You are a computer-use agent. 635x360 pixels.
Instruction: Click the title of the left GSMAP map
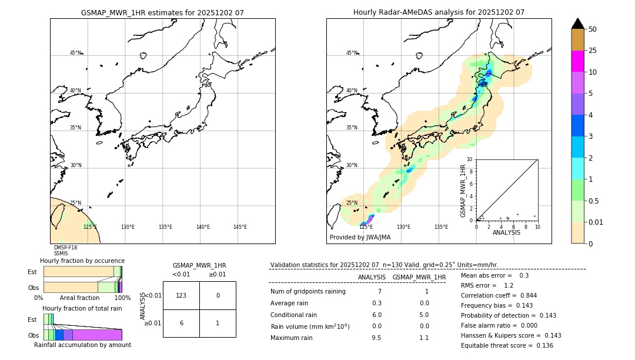point(162,12)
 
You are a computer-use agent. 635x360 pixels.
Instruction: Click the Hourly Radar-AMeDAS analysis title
point(439,12)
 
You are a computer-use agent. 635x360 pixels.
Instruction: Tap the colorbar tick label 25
point(593,51)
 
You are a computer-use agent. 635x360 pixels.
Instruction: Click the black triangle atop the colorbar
point(578,24)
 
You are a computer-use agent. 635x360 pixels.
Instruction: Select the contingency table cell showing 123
point(181,295)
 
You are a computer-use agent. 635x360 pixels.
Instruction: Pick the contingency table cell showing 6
point(181,323)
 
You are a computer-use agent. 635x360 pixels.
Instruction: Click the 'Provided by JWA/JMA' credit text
point(360,238)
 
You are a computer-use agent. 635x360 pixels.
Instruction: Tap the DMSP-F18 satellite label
point(65,248)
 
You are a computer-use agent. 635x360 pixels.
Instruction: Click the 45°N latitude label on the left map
point(75,53)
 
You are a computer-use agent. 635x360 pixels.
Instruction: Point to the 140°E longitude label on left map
point(203,227)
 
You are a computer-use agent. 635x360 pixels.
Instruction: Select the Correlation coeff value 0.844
point(524,296)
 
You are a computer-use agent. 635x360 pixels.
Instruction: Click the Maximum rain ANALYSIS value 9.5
point(376,338)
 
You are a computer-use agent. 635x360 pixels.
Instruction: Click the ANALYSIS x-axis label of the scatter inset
point(506,232)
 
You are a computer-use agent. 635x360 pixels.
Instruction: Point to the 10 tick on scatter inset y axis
point(470,159)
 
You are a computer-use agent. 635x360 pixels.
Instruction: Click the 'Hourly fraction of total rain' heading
point(82,308)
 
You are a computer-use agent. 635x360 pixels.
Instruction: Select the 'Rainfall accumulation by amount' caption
point(82,345)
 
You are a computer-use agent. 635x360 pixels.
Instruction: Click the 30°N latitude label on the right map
point(352,165)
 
